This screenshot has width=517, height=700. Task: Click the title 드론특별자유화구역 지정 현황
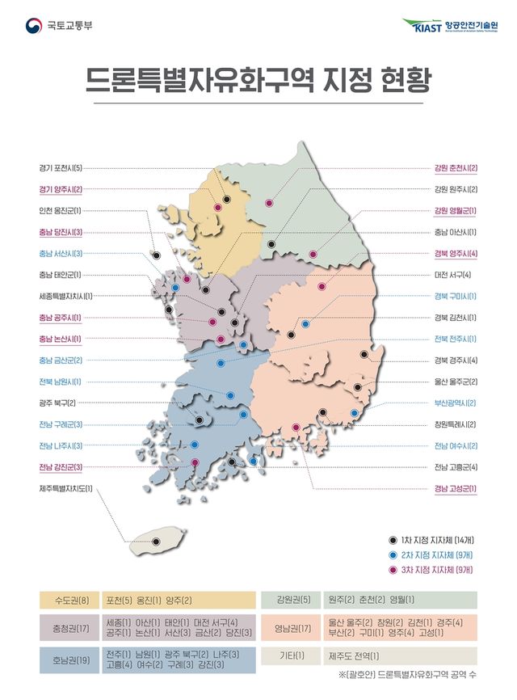pyautogui.click(x=258, y=81)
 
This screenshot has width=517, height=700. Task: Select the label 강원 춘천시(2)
pyautogui.click(x=456, y=169)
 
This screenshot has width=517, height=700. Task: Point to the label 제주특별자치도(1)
pyautogui.click(x=66, y=488)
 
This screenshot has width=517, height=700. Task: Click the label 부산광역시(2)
pyautogui.click(x=456, y=403)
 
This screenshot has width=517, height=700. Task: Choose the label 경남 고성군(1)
pyautogui.click(x=456, y=488)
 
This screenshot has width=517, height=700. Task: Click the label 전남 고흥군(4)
pyautogui.click(x=456, y=466)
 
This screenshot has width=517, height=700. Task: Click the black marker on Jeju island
pyautogui.click(x=156, y=542)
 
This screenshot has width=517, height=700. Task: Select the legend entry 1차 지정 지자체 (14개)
pyautogui.click(x=435, y=539)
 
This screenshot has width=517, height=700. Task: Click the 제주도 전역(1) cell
pyautogui.click(x=354, y=655)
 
